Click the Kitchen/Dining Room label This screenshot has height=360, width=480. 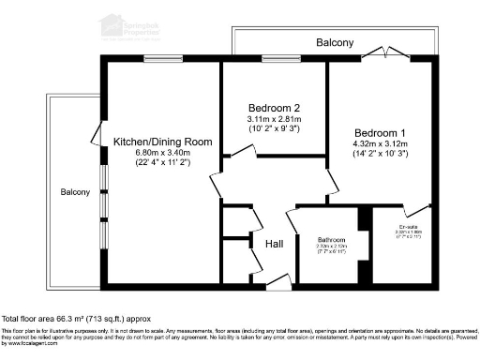pos(163,142)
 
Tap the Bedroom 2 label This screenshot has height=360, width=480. pos(274,107)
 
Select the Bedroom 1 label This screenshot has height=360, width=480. pos(383,132)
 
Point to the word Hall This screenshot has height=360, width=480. pos(275,244)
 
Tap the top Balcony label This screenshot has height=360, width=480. pos(335,43)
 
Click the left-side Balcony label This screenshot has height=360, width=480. pos(75,192)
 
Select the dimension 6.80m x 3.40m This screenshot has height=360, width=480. pos(163,153)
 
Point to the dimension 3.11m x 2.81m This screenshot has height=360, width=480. pos(274,119)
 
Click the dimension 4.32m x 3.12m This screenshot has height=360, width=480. pos(383,143)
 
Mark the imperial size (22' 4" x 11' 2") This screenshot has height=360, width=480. pos(163,164)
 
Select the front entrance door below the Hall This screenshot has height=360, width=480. pos(277,278)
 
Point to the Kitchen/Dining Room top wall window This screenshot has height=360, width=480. pos(157,61)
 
